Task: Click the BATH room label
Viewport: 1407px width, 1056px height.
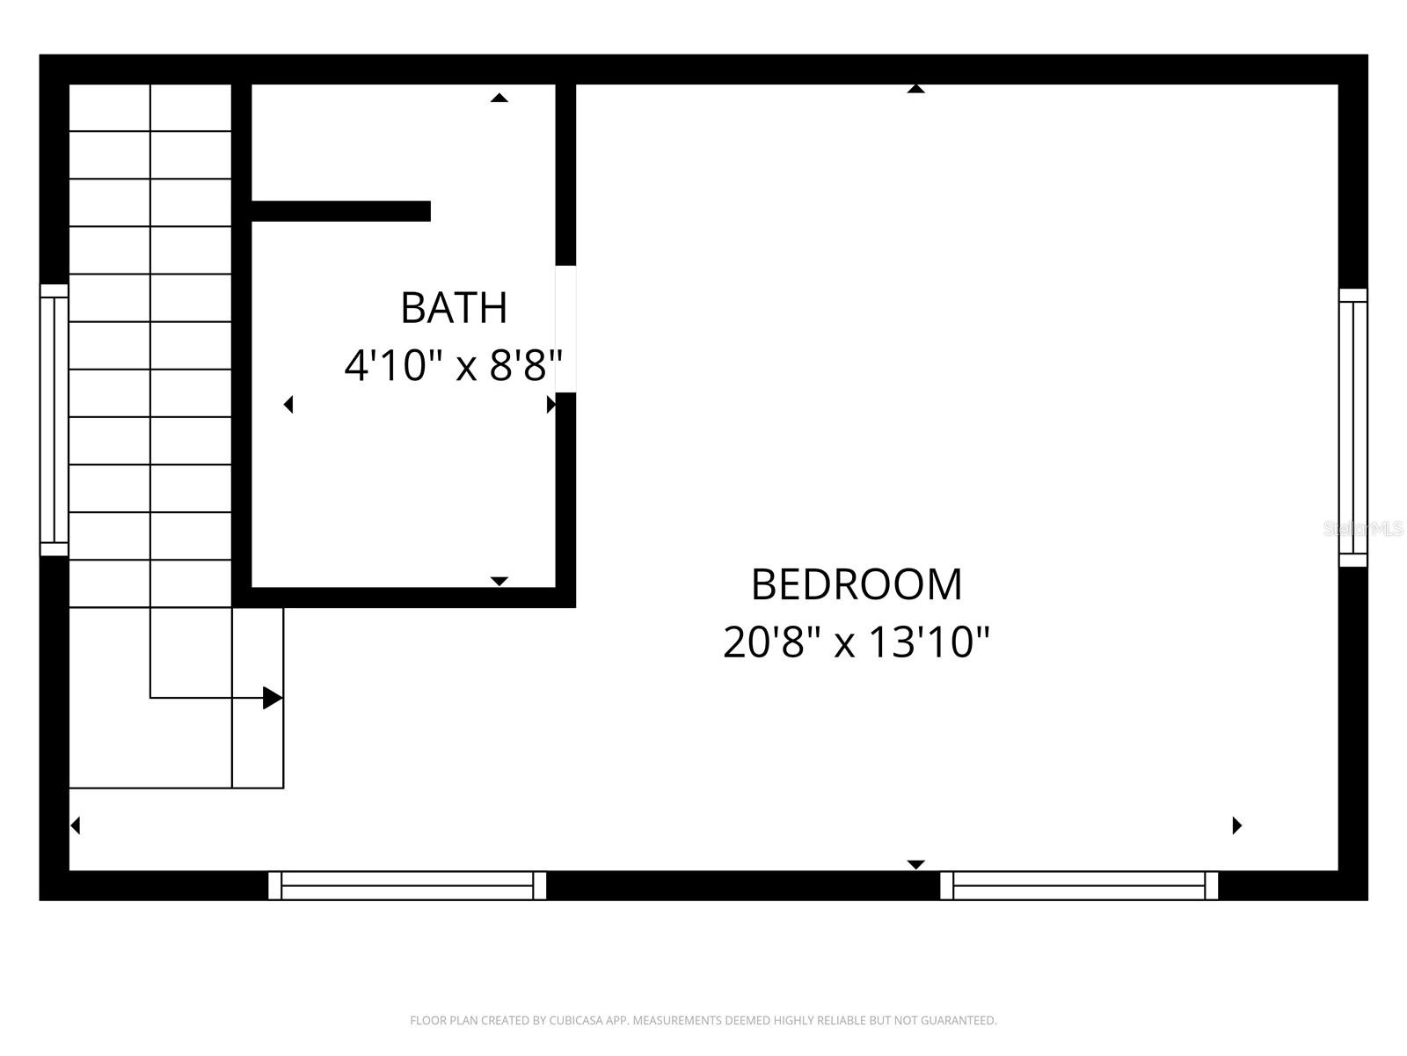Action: (x=454, y=308)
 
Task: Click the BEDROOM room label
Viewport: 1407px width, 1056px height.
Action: (x=857, y=584)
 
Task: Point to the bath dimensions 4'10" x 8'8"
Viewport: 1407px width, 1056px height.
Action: (x=453, y=365)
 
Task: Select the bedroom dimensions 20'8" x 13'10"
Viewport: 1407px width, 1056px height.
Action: (x=857, y=642)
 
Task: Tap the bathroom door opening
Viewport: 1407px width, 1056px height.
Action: (x=565, y=329)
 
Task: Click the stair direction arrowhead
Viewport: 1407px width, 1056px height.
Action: (x=273, y=698)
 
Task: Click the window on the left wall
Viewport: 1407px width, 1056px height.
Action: (x=55, y=420)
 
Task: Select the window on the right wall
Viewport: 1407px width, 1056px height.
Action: (x=1352, y=428)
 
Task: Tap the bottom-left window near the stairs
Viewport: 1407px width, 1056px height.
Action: (x=407, y=885)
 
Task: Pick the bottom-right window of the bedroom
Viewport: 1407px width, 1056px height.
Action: (x=1079, y=885)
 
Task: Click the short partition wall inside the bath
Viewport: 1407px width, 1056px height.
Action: (x=341, y=211)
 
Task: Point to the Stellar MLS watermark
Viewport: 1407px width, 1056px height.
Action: (x=1364, y=529)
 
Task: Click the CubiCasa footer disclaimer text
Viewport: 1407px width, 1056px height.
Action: (x=703, y=1021)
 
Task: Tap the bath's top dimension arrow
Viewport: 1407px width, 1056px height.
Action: (x=499, y=98)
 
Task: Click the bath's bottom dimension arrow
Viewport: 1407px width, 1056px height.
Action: (x=499, y=581)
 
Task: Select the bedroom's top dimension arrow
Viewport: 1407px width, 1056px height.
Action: (x=916, y=88)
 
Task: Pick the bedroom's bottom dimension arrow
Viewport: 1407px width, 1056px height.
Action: (x=916, y=864)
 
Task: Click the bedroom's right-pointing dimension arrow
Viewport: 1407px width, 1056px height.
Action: (x=1237, y=825)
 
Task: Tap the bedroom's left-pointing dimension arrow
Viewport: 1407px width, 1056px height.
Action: (x=76, y=825)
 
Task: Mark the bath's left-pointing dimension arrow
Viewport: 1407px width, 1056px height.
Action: (x=288, y=405)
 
